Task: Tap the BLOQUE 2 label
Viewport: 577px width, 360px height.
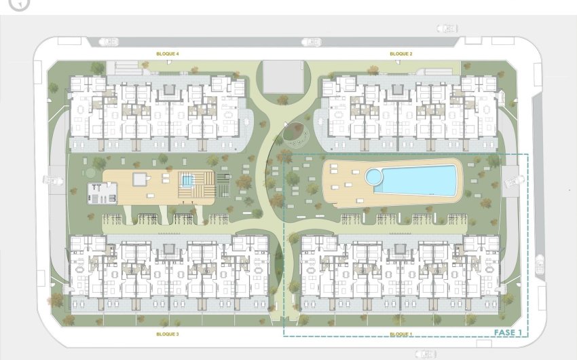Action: coord(401,54)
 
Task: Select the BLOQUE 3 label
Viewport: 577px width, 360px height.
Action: coord(168,334)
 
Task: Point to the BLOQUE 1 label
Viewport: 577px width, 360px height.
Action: coord(401,334)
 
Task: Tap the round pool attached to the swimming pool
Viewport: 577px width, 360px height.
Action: coord(374,177)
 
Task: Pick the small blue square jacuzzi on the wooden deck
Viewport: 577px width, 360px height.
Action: coord(187,181)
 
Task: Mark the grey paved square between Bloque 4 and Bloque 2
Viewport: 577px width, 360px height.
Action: coord(282,76)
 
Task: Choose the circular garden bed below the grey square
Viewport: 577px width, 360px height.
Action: coord(295,134)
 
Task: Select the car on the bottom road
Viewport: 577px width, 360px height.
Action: coord(426,353)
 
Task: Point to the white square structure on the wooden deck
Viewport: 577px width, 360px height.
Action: coord(141,179)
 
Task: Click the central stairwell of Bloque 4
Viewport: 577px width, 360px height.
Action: coord(168,89)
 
